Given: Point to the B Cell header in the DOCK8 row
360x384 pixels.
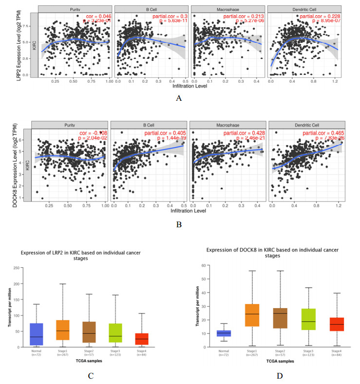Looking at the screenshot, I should coord(149,125).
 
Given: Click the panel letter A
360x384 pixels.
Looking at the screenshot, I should coord(179,98).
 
